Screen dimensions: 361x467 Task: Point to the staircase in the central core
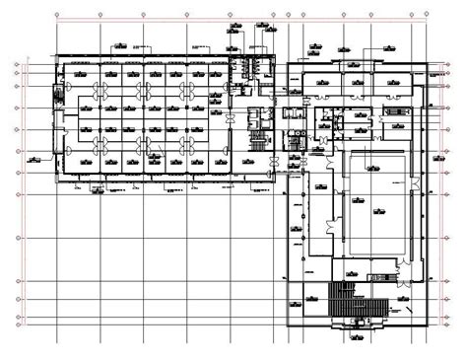[259, 139]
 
